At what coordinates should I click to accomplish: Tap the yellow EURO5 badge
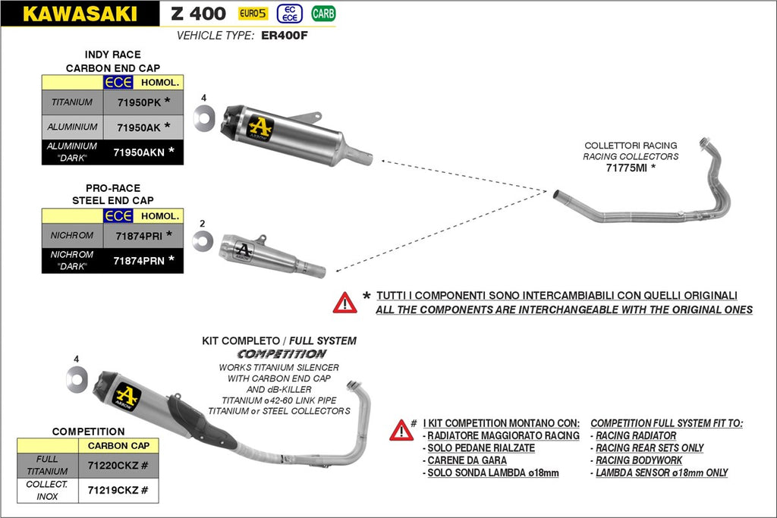[x=253, y=13]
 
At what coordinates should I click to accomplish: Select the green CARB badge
[x=324, y=14]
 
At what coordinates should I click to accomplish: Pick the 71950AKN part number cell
[x=139, y=152]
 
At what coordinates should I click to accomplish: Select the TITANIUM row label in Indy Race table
[x=72, y=102]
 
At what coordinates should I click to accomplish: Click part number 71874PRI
[x=139, y=236]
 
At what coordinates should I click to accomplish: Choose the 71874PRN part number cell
[x=139, y=261]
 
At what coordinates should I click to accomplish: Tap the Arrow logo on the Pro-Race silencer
[x=244, y=250]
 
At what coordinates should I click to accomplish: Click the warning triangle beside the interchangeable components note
[x=344, y=303]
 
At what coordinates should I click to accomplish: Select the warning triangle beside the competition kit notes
[x=401, y=430]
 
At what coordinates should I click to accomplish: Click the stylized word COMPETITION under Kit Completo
[x=282, y=354]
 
